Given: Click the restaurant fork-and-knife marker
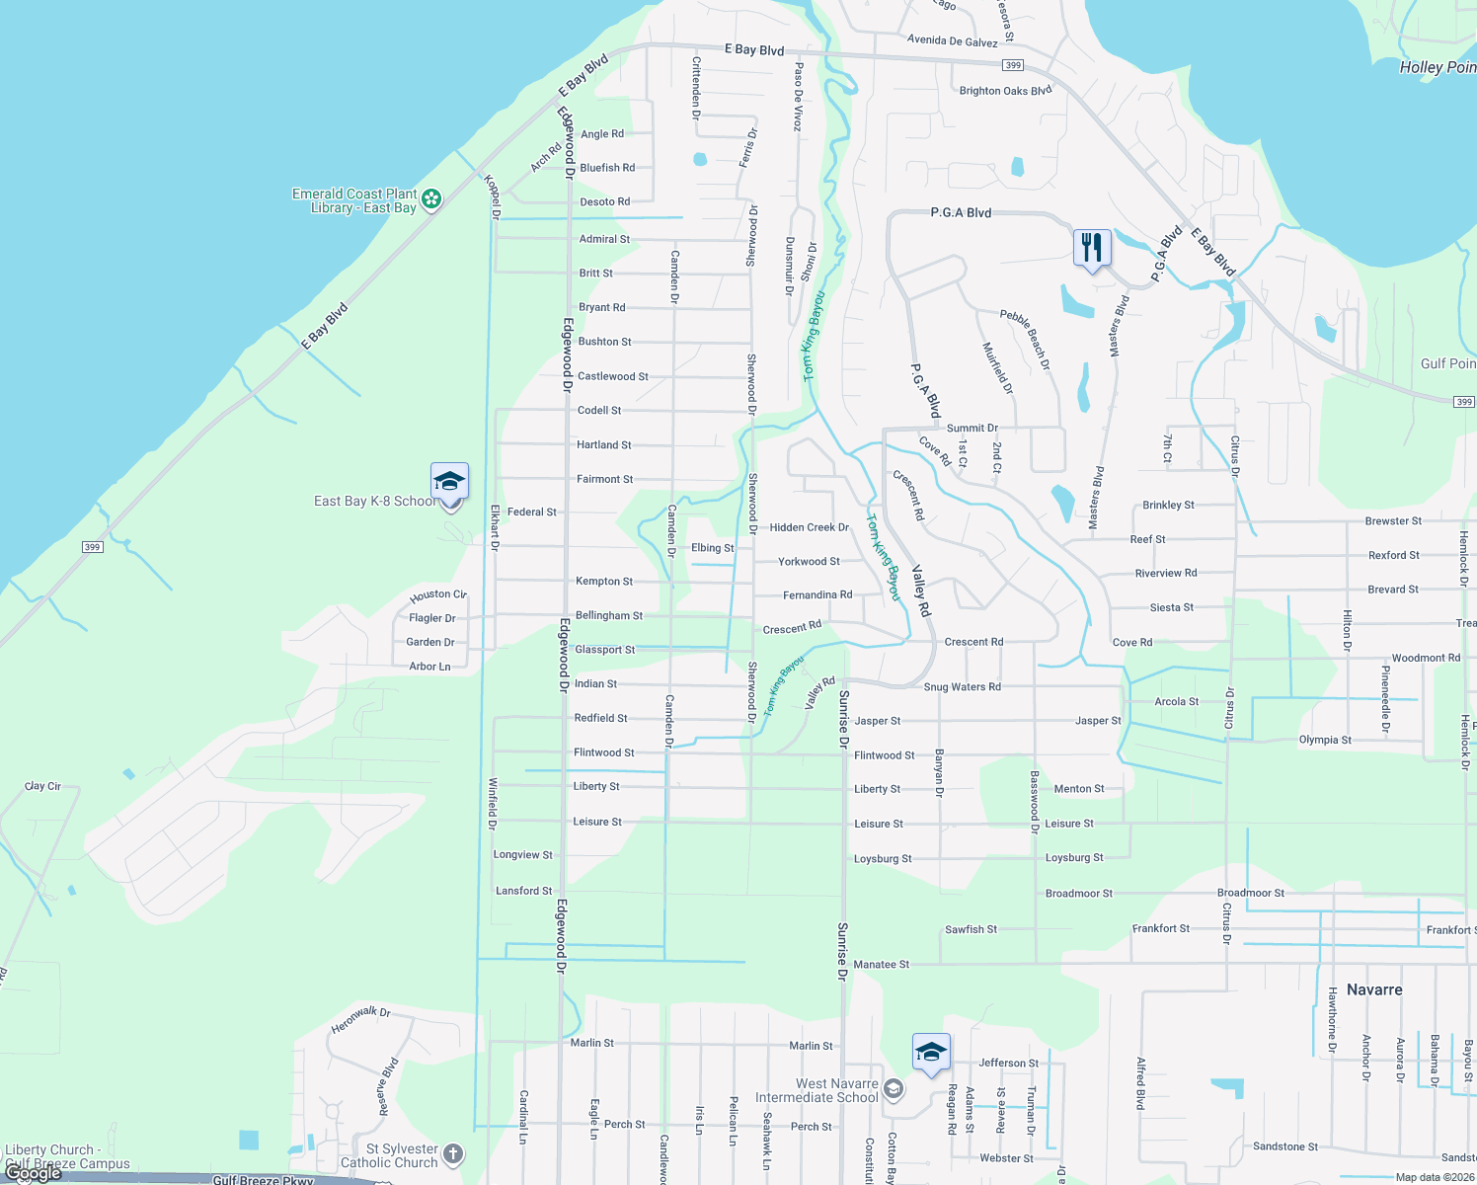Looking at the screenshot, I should [x=1092, y=247].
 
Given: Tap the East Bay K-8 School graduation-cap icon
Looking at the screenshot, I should [x=449, y=482].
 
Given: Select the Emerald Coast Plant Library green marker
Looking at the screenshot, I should [x=431, y=200].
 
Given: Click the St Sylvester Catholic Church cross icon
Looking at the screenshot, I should [x=452, y=1153].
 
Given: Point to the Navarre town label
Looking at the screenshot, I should [x=1374, y=989].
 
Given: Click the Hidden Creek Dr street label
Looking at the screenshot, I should [x=809, y=527].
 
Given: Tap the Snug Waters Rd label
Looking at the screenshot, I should [x=962, y=687].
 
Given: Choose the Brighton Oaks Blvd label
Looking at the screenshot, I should [x=1005, y=91].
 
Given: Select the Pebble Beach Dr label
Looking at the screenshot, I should [x=1025, y=340].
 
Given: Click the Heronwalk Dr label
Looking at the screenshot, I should [x=360, y=1020].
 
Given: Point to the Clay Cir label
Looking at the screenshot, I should [x=42, y=786].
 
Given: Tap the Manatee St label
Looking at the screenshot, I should [x=881, y=965].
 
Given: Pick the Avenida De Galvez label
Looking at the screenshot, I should [x=952, y=41].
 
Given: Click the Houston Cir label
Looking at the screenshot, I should [x=437, y=595].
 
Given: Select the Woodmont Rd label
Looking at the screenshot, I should [x=1426, y=658].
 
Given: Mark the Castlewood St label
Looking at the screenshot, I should [x=612, y=376].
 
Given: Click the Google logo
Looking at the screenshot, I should [x=34, y=1174].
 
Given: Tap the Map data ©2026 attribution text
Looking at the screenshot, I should [x=1431, y=1177].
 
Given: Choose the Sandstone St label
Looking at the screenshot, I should [x=1284, y=1146].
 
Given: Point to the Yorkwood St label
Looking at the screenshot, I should [x=809, y=561].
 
